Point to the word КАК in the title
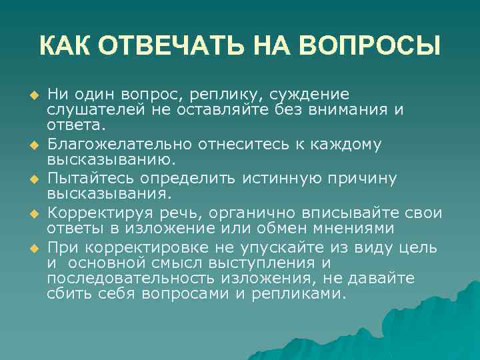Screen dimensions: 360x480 [65, 46]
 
